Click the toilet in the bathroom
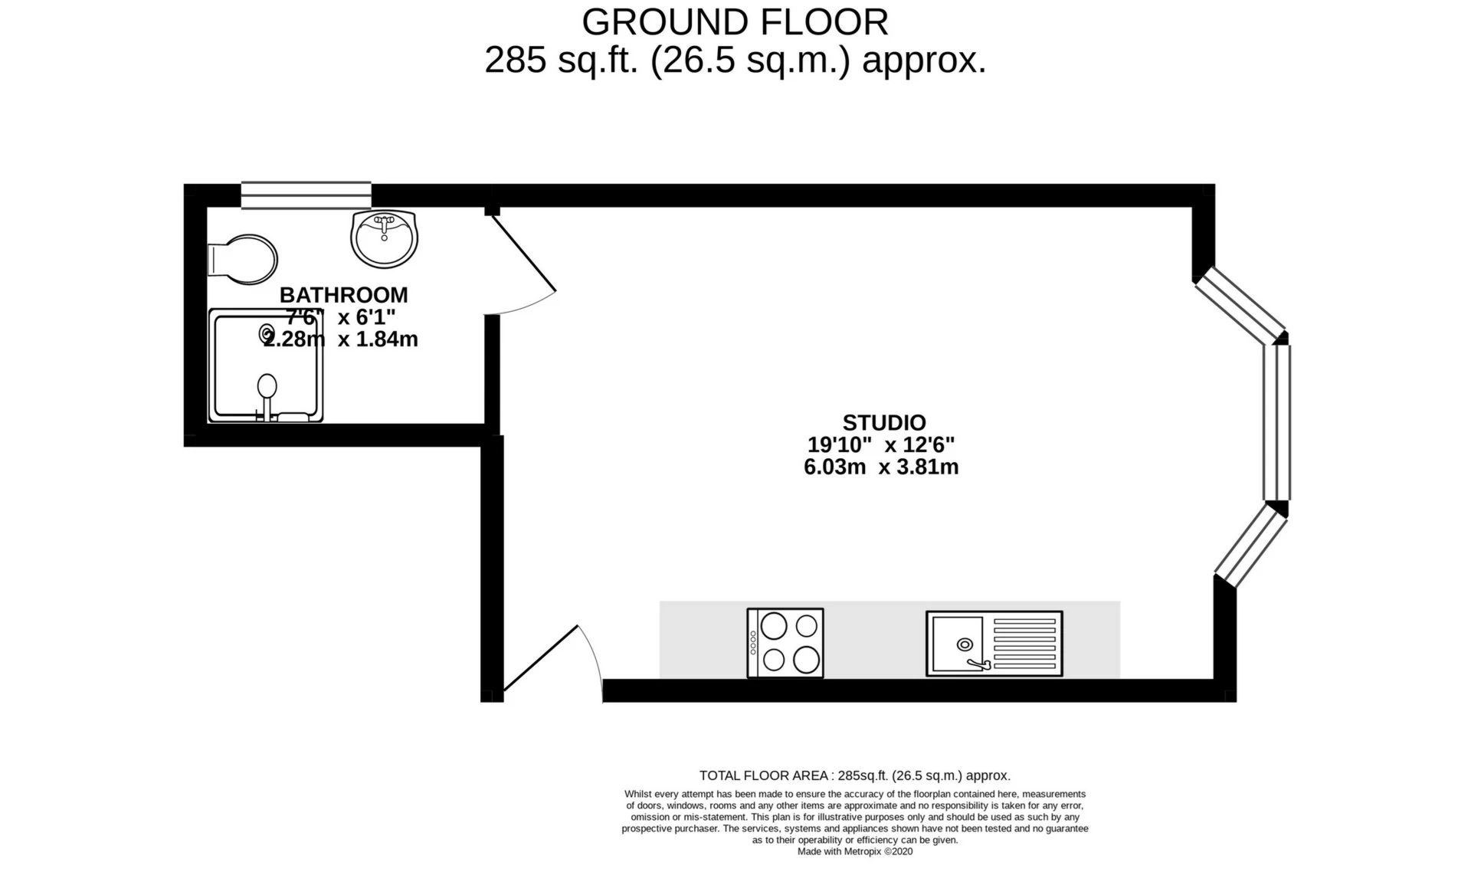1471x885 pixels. coord(244,259)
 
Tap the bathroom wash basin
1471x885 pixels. coord(385,239)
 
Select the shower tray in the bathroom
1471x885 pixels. coord(266,365)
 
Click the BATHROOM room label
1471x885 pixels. coord(343,295)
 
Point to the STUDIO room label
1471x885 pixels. coord(884,423)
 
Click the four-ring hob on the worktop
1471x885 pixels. coord(785,643)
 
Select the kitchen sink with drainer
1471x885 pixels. coord(994,644)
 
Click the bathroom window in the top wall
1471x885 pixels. coord(306,195)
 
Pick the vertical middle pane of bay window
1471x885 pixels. coord(1277,422)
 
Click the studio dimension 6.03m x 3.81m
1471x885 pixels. coord(881,467)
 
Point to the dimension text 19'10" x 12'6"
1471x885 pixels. coord(881,445)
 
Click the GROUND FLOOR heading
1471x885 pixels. coord(735,22)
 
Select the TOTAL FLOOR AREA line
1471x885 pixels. coord(854,775)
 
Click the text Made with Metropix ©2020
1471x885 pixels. coord(854,851)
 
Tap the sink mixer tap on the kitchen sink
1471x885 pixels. coord(978,664)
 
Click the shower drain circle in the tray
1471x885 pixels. coord(267,333)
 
